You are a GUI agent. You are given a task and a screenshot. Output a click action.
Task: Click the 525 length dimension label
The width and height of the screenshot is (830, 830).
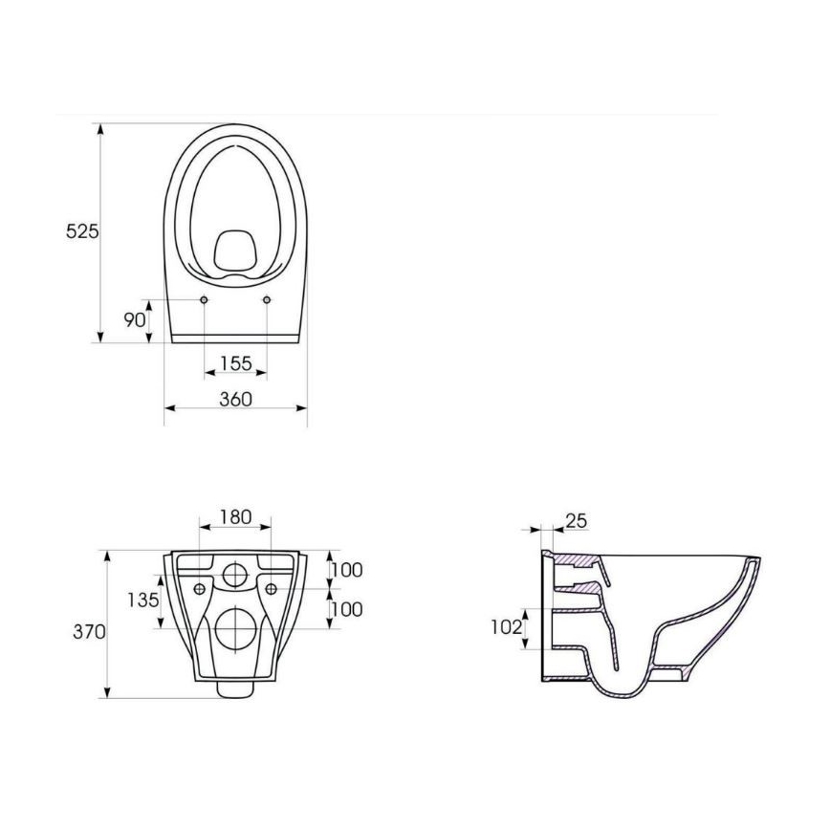coord(82,231)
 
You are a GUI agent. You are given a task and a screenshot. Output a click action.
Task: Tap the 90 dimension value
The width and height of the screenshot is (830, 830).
coord(134,318)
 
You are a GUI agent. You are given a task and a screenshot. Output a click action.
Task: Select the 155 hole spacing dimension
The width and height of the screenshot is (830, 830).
coord(235,363)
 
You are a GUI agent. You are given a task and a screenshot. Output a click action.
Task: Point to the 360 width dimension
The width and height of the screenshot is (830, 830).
coord(235,399)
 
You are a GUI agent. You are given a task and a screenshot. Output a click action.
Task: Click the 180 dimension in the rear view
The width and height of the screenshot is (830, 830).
coord(235,516)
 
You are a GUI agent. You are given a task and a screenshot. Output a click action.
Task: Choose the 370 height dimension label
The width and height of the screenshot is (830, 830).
coord(87,632)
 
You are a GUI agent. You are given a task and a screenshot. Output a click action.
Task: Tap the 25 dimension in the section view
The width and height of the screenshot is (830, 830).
coord(577,521)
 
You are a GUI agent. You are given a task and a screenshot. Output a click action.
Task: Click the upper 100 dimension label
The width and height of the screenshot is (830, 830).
coord(346,570)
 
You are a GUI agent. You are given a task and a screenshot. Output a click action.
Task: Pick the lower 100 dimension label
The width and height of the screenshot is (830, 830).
coord(346,608)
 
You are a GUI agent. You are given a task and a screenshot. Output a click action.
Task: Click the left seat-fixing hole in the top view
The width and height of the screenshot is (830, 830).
coord(205,300)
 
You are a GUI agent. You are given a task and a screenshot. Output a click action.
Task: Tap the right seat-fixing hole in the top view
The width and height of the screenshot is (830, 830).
coord(266,300)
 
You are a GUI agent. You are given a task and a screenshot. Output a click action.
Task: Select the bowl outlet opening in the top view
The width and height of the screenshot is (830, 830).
coord(234,250)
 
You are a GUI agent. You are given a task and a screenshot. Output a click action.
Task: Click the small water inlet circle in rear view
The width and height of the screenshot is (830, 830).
coord(234,575)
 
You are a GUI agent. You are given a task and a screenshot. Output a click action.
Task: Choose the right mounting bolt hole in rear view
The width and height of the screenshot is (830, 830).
coord(271,587)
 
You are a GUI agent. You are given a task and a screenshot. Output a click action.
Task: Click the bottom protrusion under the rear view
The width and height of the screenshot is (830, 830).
coord(234,688)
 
